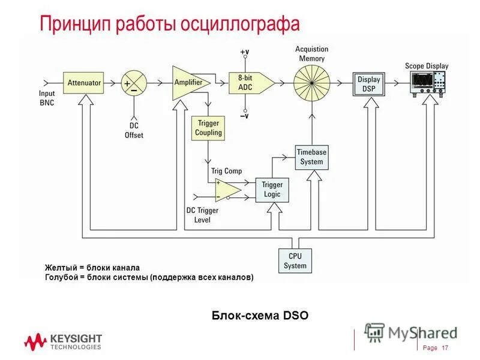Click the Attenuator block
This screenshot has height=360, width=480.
[x=84, y=82]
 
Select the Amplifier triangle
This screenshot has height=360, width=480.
[x=188, y=82]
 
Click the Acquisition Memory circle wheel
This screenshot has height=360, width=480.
[x=312, y=82]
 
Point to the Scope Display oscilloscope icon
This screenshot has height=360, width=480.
[x=427, y=82]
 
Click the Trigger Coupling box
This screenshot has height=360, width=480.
[x=208, y=128]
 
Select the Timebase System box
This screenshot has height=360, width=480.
[x=311, y=157]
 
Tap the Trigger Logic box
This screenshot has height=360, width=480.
[x=272, y=190]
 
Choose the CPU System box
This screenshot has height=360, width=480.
[x=295, y=261]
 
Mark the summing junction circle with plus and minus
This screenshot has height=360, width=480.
[x=134, y=83]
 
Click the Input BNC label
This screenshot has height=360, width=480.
[x=47, y=98]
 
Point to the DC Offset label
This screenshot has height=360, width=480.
[x=134, y=131]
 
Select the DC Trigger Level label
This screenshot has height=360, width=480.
[x=202, y=215]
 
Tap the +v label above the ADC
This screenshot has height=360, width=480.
[x=244, y=52]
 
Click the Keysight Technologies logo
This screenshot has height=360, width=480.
[x=62, y=342]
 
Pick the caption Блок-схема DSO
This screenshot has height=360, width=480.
[x=260, y=315]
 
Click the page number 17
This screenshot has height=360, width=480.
[x=445, y=349]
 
